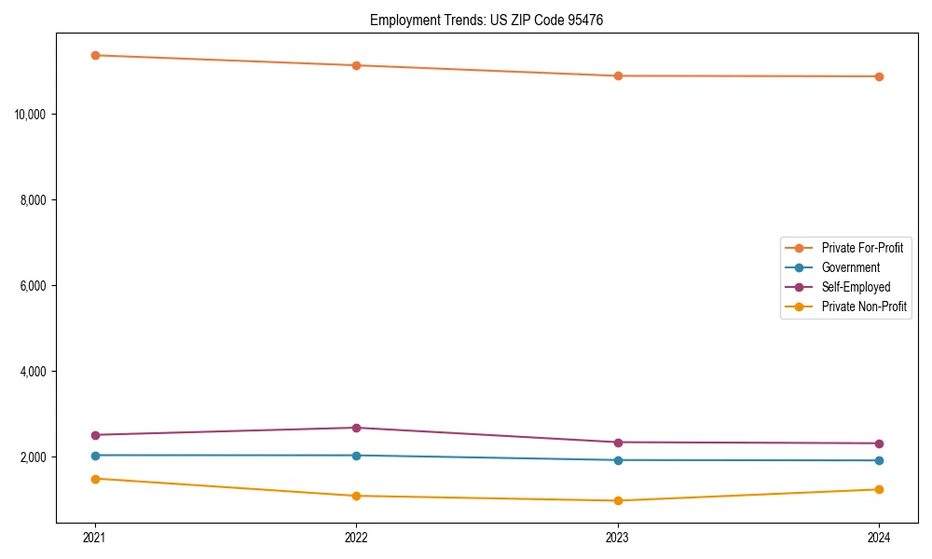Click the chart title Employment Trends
point(487,20)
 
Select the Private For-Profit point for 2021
point(95,55)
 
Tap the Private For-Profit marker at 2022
point(356,65)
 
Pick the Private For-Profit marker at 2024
point(879,76)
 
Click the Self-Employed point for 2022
point(356,428)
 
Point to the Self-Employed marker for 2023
point(618,443)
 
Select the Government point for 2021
point(95,456)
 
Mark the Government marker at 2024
point(879,460)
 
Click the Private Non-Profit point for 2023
point(618,500)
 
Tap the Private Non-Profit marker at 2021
point(95,479)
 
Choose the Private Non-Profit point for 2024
point(879,489)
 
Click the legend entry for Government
point(850,267)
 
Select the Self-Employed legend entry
point(856,287)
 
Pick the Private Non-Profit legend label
point(864,307)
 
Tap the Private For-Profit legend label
point(862,248)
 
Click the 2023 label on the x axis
point(618,538)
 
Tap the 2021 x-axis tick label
point(95,538)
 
